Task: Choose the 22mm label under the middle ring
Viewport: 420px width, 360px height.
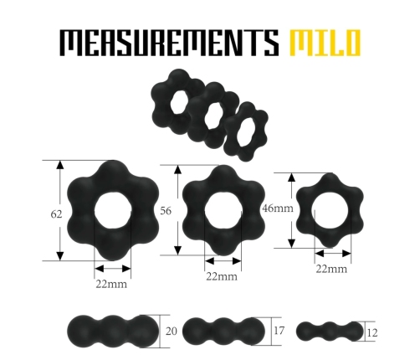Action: click(x=222, y=276)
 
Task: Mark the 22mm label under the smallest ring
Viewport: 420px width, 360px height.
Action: click(x=332, y=268)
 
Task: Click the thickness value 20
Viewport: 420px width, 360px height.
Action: click(x=172, y=332)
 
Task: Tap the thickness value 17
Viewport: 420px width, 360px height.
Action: click(x=280, y=332)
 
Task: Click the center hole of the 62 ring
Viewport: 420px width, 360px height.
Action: click(x=112, y=212)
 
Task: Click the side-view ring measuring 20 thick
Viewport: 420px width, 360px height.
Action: click(x=112, y=331)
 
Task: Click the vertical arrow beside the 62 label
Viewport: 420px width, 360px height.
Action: click(x=60, y=210)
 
